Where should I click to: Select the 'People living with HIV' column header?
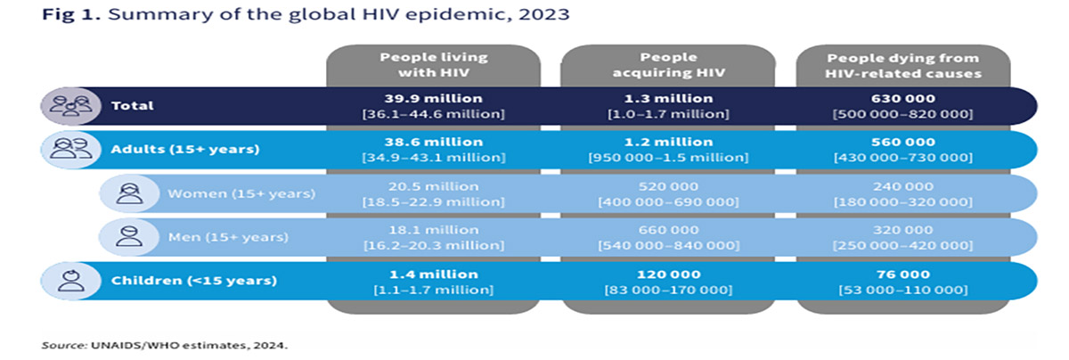[x=433, y=65]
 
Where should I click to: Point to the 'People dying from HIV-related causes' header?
[x=902, y=65]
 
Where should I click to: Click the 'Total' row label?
[x=133, y=105]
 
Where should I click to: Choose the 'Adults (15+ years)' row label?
[x=185, y=149]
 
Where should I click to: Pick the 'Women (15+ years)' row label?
[x=241, y=193]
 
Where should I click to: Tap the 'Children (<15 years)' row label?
[x=194, y=281]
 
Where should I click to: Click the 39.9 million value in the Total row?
[x=433, y=98]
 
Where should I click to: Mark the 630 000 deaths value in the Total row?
[x=902, y=98]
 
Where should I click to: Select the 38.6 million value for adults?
[x=433, y=142]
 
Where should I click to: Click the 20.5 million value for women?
[x=433, y=186]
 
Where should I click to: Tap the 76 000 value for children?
[x=902, y=274]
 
